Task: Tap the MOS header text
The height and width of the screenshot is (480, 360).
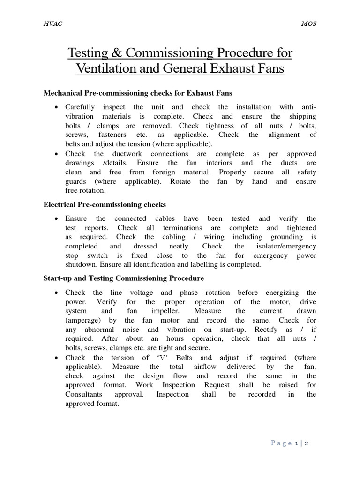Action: (x=308, y=24)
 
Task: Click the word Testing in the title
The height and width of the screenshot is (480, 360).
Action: (x=89, y=53)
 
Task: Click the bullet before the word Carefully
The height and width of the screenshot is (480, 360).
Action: (x=56, y=107)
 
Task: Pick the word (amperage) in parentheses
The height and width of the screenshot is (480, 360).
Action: (x=84, y=320)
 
